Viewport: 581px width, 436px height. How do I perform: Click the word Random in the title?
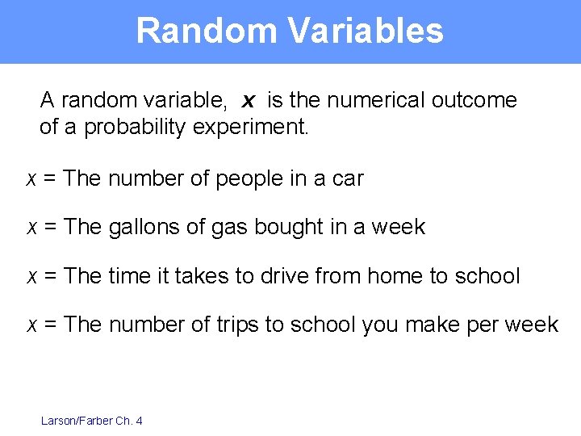pos(206,31)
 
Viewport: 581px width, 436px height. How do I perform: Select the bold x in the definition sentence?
pos(249,101)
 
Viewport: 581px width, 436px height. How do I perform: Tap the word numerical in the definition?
pos(368,100)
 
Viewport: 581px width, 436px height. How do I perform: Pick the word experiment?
pos(251,128)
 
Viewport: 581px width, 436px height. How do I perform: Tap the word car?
pos(348,178)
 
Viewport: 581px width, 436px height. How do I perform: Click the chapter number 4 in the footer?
pos(140,420)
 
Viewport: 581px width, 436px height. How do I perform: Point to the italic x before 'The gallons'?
pos(31,228)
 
